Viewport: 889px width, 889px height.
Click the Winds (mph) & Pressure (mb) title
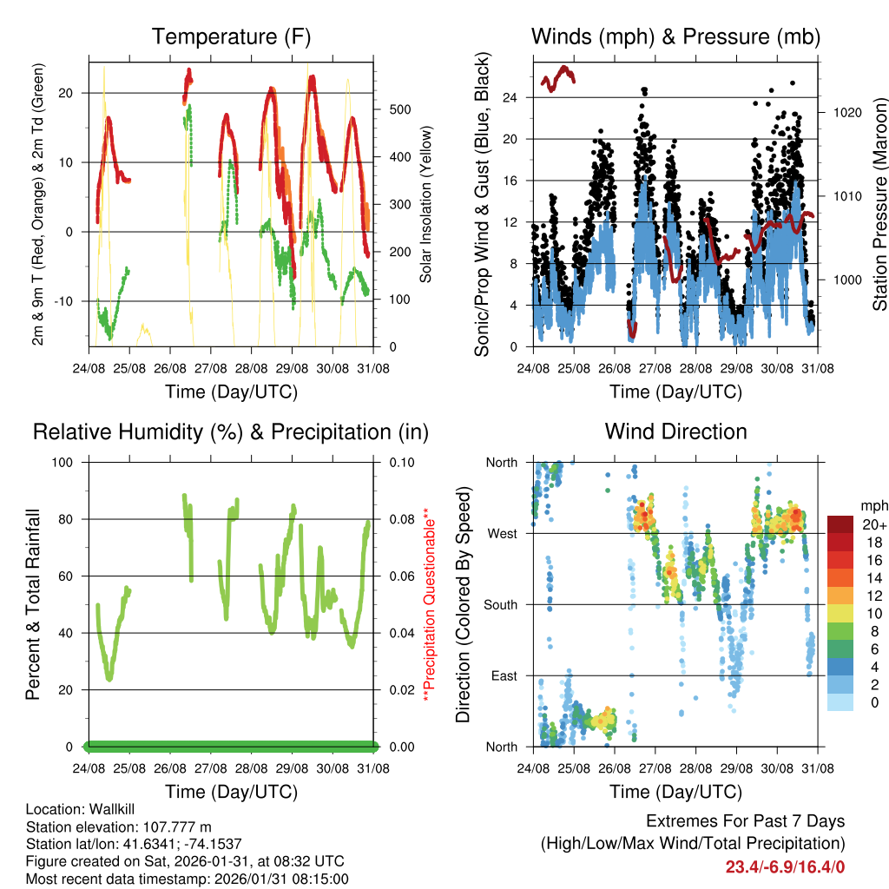click(x=675, y=36)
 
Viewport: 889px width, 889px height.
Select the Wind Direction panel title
click(x=675, y=431)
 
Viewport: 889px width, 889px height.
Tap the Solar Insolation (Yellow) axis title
click(x=426, y=205)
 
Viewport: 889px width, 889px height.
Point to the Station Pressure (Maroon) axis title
click(x=879, y=205)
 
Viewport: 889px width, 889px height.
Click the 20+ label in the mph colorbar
click(x=874, y=524)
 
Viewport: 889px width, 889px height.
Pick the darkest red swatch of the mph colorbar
click(x=840, y=524)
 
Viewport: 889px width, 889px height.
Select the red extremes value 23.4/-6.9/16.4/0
click(x=785, y=866)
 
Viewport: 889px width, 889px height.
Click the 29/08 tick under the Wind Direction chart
click(x=736, y=767)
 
